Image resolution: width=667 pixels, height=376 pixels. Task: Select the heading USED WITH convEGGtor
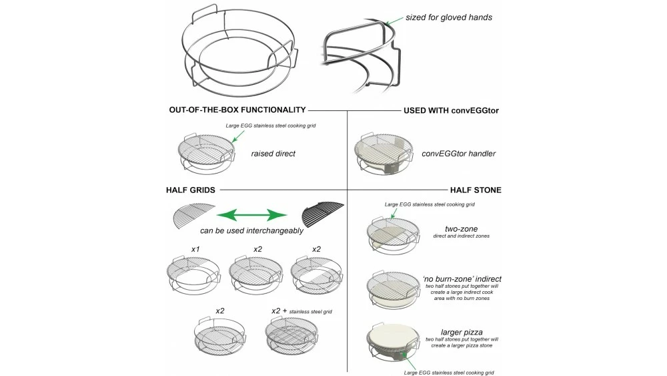(452, 110)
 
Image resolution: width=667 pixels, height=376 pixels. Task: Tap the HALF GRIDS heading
(190, 190)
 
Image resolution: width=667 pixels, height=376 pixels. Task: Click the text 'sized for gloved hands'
(449, 17)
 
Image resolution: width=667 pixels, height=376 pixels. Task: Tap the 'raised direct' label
(273, 154)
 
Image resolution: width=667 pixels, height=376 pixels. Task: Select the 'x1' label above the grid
(195, 249)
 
